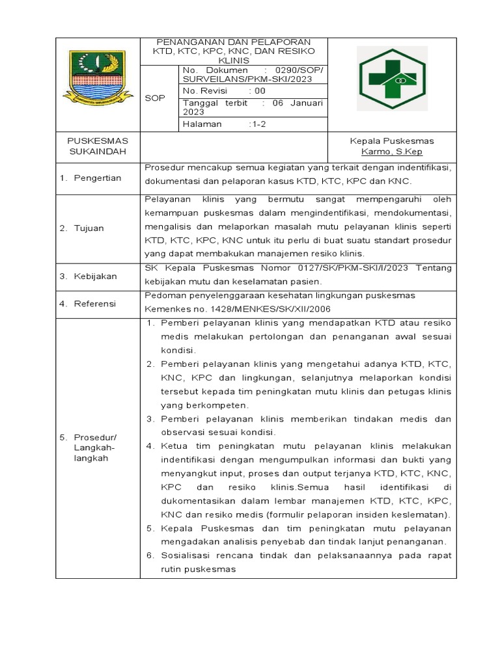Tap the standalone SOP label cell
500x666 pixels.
pyautogui.click(x=156, y=98)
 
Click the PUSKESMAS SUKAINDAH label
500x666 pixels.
pyautogui.click(x=98, y=146)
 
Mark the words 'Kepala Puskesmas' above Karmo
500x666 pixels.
pyautogui.click(x=391, y=141)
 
